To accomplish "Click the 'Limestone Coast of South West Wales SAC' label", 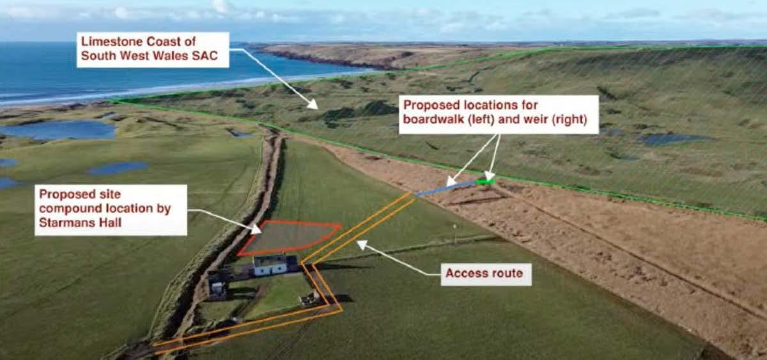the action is point(154,50).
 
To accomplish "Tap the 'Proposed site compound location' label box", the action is point(111,210).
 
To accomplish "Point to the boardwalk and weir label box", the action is point(499,114).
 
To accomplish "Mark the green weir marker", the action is point(486,182).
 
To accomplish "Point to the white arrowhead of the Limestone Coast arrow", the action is point(313,104).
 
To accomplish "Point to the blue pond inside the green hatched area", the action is point(671,139).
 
